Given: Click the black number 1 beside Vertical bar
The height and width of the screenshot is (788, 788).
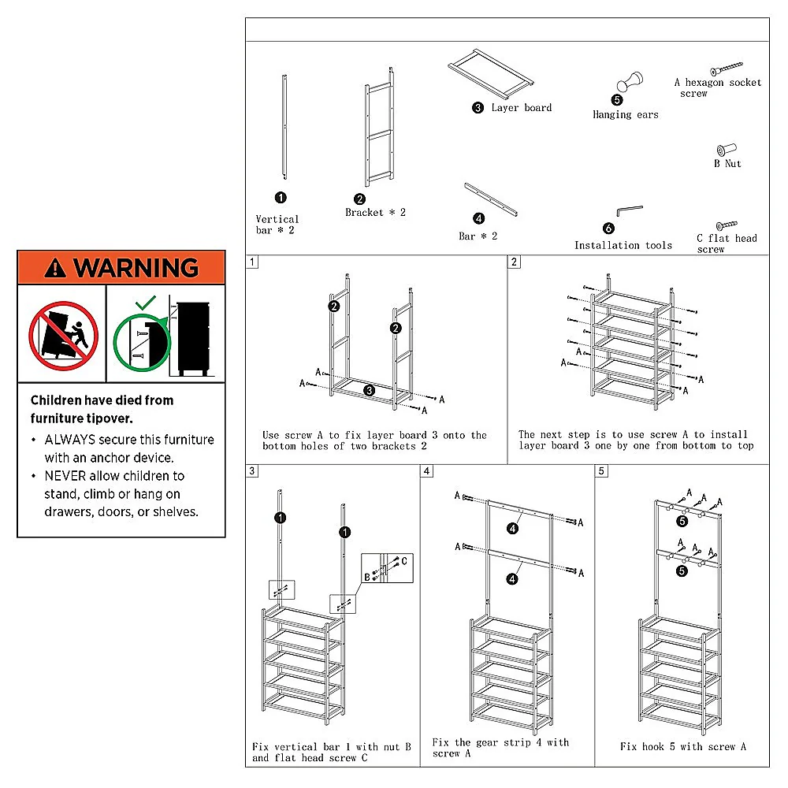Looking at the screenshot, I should coord(281,198).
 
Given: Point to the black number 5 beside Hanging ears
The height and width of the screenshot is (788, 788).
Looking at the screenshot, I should coord(617,100).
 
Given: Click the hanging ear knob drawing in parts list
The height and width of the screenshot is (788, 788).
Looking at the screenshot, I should coord(629,83).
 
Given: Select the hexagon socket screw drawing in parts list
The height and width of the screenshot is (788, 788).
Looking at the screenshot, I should coord(727,69).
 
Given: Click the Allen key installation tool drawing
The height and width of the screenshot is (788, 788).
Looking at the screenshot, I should coord(629,210).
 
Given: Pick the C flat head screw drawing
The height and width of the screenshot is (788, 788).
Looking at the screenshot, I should coord(726,225).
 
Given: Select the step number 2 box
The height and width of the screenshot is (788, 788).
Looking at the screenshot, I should coord(515,262).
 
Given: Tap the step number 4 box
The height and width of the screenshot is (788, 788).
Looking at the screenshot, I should coord(427,471).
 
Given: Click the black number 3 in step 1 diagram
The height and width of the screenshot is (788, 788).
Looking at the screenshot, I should coord(369,390).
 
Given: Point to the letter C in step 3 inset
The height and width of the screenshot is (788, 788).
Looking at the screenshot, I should coord(404,561).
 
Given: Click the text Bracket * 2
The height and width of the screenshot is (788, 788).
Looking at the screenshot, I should coord(375,213).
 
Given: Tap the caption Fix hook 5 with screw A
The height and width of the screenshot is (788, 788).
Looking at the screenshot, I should coord(682,746).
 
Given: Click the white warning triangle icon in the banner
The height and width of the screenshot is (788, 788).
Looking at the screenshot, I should coord(56,269).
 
